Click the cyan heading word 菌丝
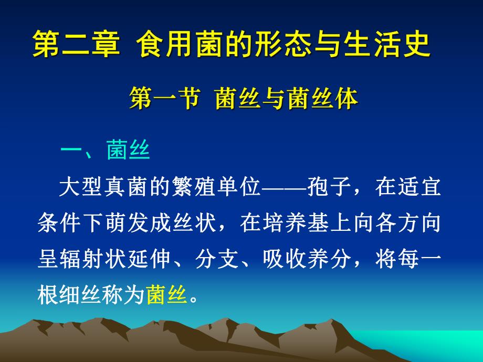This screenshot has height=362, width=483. point(128,150)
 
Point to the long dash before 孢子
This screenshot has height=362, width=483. point(282,187)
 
